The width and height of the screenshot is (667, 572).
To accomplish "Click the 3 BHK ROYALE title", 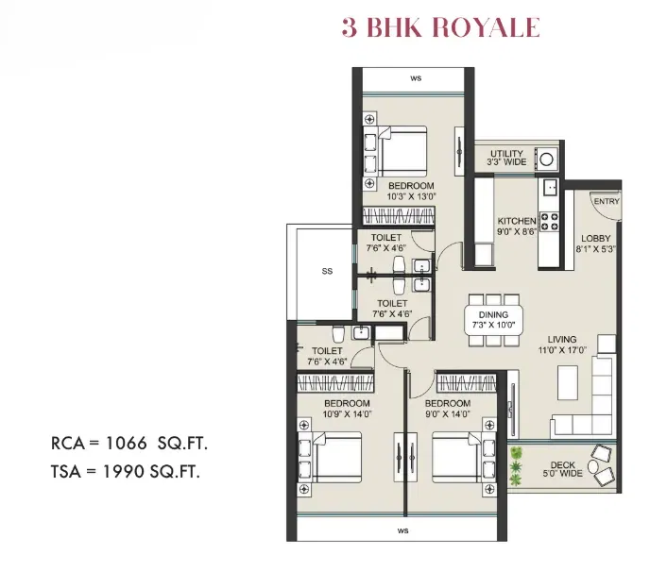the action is tap(440, 27).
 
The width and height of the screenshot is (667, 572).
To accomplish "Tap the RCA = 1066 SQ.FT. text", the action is tap(129, 444).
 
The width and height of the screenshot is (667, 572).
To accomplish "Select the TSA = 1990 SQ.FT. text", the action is tap(126, 471).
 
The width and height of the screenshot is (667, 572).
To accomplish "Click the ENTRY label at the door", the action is tap(607, 201).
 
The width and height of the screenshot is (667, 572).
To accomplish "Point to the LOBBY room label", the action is tap(595, 239).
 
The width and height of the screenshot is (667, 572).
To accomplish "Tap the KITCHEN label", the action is tap(517, 221).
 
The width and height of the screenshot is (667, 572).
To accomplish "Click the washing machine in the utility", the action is tap(546, 160).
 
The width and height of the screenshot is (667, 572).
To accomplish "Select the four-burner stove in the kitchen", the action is tap(549, 222).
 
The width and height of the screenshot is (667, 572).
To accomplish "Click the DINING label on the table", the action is tap(493, 315).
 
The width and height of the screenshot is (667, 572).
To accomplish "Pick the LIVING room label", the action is tap(562, 339).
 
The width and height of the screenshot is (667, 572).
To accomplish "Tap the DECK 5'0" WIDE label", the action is tap(562, 469).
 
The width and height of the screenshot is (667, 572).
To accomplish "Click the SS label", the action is tap(327, 271).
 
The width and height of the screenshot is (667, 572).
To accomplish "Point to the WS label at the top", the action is tap(416, 78).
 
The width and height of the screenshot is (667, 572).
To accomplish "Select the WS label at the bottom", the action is tap(402, 530).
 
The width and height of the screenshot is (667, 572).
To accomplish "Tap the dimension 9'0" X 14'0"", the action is tap(448, 414).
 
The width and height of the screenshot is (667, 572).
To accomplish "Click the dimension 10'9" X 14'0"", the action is tap(348, 414).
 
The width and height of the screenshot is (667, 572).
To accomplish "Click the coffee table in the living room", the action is tap(568, 382).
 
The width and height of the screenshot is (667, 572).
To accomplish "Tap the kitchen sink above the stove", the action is tap(549, 187).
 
